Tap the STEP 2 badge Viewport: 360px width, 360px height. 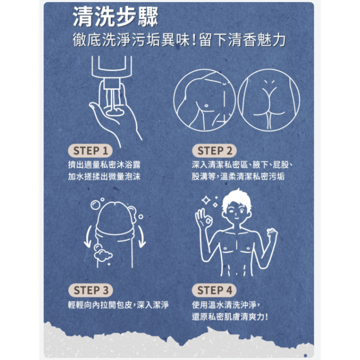(x=215, y=151)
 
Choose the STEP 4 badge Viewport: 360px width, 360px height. (x=215, y=290)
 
